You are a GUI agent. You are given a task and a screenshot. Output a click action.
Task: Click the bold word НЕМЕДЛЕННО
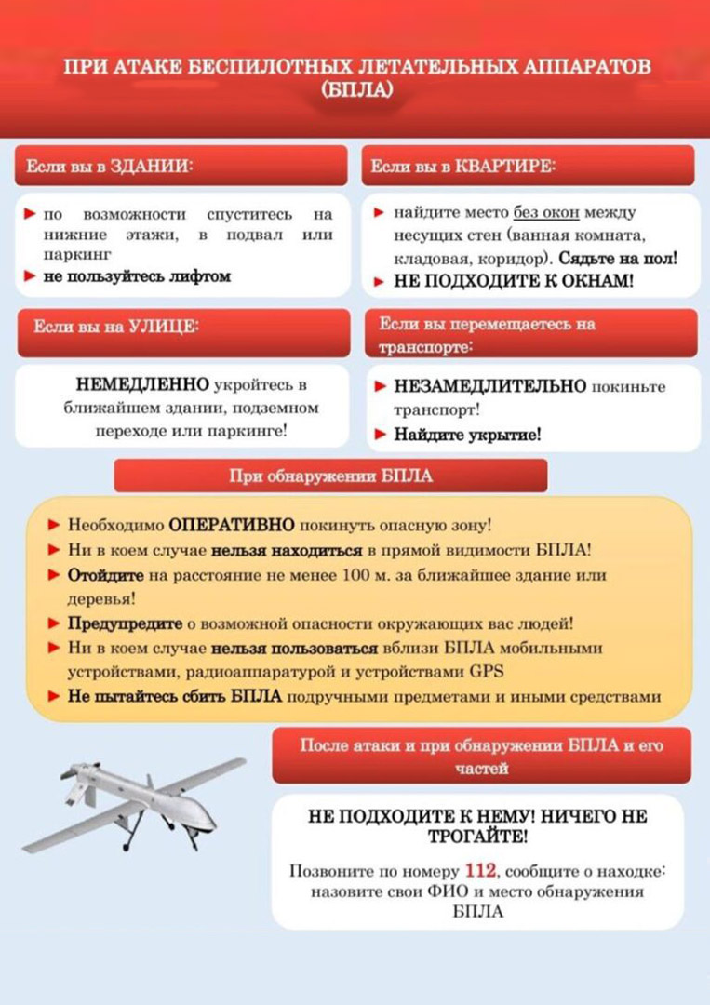(142, 384)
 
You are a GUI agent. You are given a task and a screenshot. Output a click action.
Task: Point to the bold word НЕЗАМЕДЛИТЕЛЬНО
(490, 385)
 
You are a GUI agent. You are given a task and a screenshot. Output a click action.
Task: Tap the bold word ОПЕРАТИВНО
(232, 525)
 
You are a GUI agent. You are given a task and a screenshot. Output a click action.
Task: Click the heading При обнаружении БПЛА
(330, 477)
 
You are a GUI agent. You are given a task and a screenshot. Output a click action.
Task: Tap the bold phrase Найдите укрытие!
(467, 434)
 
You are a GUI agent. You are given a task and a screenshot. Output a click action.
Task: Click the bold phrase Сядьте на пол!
(618, 257)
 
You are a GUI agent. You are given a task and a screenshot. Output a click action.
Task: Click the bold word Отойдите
(105, 575)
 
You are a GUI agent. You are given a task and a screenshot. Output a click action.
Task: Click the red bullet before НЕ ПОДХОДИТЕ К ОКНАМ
(380, 280)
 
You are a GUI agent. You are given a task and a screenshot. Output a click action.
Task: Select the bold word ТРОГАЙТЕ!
(477, 836)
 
